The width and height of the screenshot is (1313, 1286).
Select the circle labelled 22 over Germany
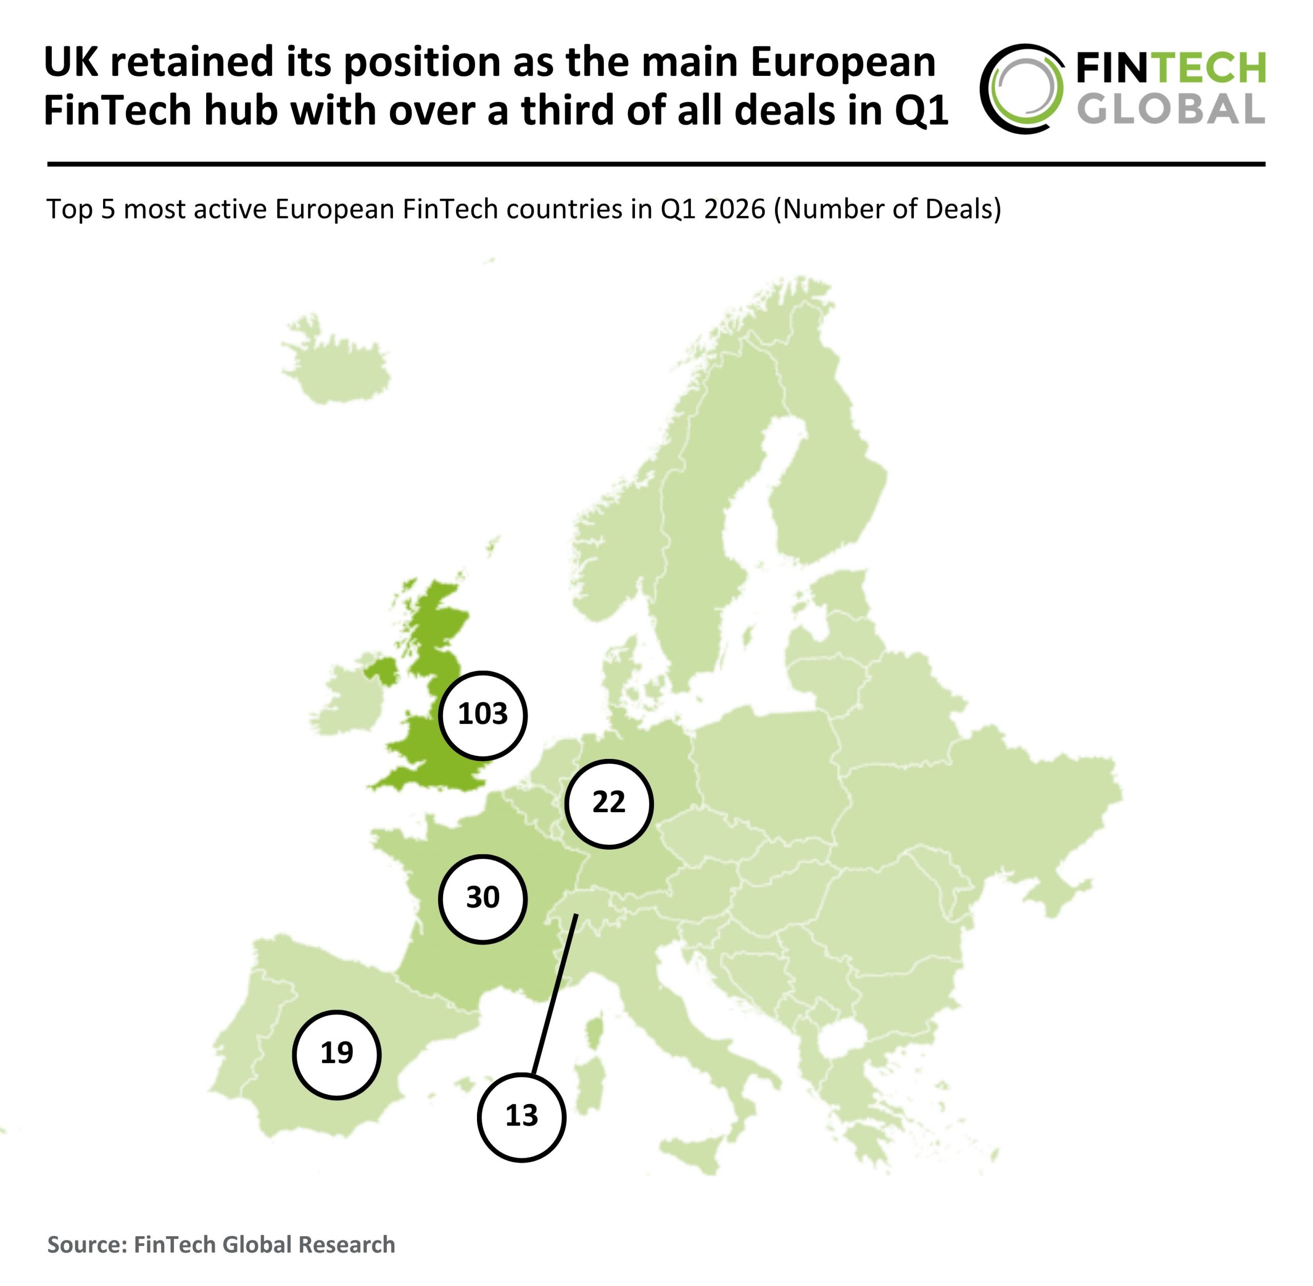[x=608, y=803]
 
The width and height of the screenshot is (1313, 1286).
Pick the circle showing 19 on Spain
[x=336, y=1054]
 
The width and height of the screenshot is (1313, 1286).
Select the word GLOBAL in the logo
[x=1170, y=109]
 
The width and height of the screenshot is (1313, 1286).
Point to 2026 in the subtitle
[x=734, y=209]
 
